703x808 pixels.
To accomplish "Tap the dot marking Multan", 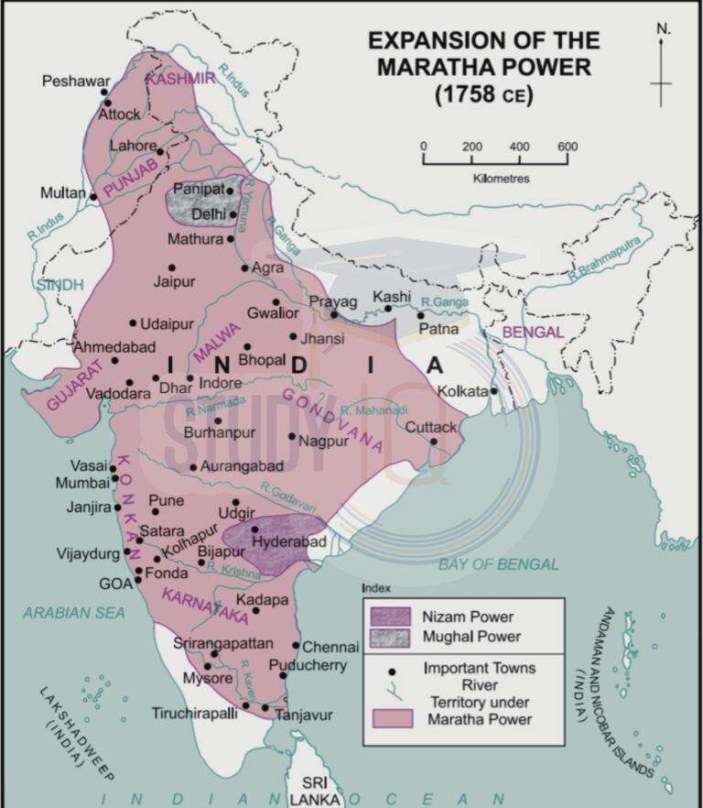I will [x=93, y=195].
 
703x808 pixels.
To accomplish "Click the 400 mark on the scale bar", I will [x=519, y=147].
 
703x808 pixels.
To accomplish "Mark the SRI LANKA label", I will [x=313, y=791].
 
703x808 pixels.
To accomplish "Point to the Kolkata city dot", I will [x=493, y=391].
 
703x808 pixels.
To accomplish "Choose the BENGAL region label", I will [x=532, y=333].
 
